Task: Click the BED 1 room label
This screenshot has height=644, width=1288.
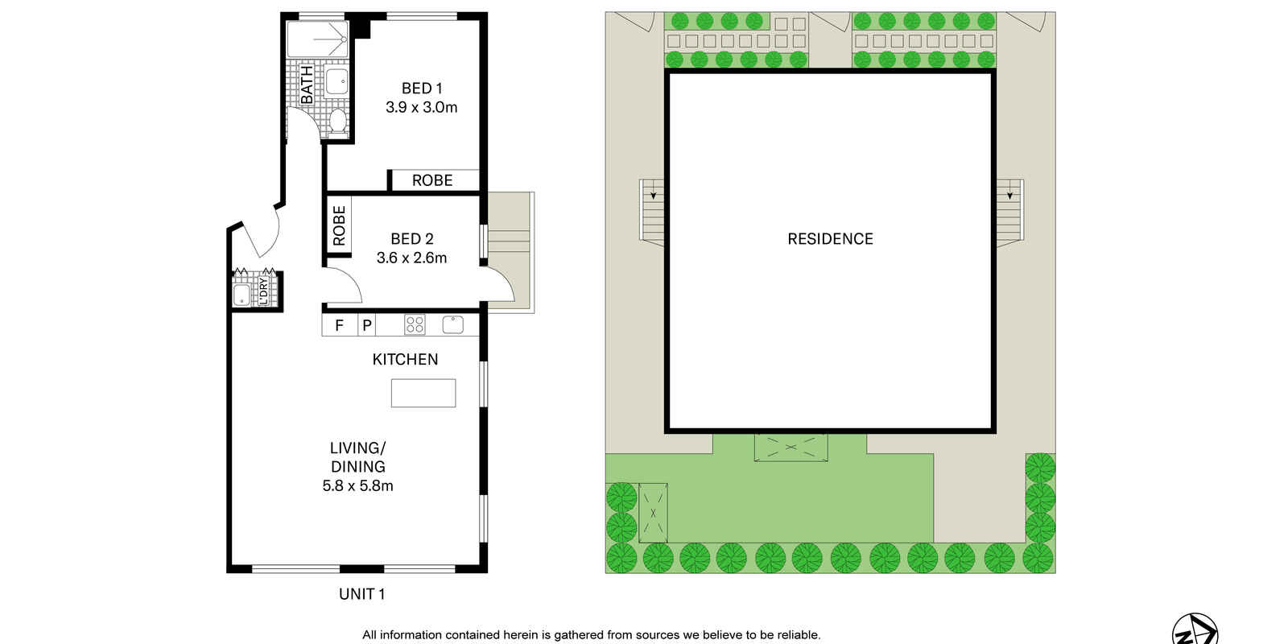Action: (x=422, y=89)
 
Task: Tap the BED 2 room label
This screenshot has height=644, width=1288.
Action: (x=411, y=238)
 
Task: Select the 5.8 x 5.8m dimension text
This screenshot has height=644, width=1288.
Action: (x=357, y=486)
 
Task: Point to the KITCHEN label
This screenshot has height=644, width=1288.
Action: (x=405, y=359)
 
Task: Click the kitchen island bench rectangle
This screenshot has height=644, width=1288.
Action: (x=423, y=394)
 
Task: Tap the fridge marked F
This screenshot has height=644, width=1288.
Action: (x=339, y=325)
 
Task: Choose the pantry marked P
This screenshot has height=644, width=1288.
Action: (x=367, y=325)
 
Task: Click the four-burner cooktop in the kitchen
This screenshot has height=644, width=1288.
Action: (x=415, y=325)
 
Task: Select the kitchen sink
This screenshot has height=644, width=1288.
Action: (x=453, y=324)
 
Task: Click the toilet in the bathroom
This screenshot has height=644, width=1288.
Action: (x=338, y=122)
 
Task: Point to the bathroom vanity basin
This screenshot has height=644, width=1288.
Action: (x=336, y=81)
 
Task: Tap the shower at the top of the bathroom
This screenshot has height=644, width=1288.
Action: (x=317, y=39)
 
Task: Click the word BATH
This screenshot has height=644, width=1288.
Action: (x=307, y=85)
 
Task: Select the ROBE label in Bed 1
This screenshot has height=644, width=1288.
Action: (x=432, y=180)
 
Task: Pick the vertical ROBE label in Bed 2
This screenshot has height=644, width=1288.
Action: (x=339, y=226)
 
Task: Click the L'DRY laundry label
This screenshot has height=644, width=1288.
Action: (x=263, y=291)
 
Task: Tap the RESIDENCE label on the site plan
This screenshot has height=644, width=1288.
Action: (x=830, y=238)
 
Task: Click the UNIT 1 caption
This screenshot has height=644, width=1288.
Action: (x=361, y=594)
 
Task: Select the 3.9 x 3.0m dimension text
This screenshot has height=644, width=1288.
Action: (x=422, y=108)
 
